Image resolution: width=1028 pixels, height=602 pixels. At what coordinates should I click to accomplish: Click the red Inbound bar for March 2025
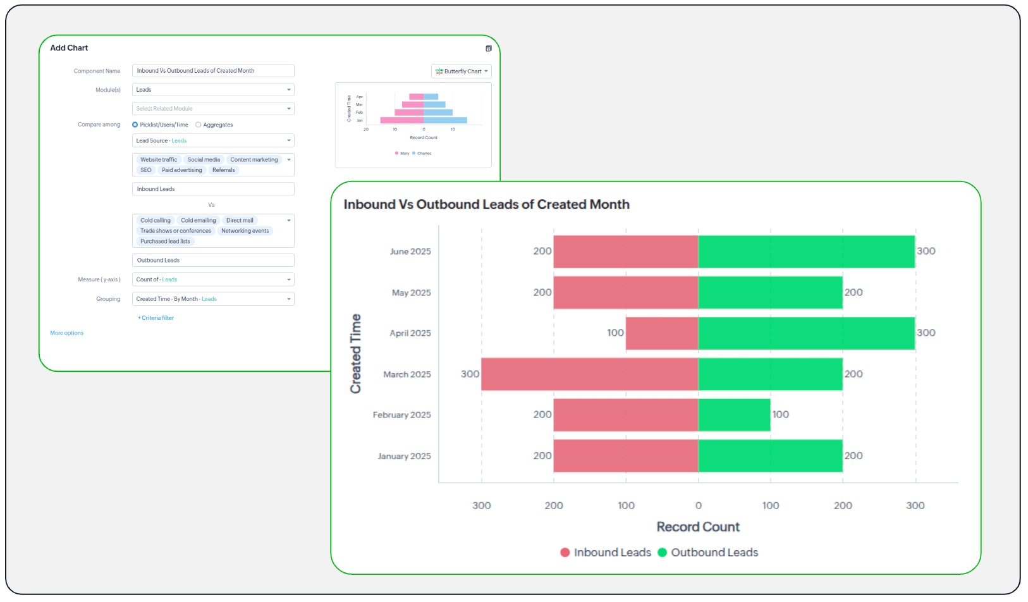pos(589,374)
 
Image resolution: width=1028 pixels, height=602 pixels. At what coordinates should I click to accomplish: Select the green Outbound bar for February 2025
pos(734,415)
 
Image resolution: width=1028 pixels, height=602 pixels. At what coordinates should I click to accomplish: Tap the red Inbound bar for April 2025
pos(661,333)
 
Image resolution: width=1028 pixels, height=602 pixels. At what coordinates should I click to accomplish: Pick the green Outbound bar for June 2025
pos(806,252)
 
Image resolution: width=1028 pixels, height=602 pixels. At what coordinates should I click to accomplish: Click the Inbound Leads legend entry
pos(605,553)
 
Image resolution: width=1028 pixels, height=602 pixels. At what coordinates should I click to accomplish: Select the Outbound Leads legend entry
pos(707,553)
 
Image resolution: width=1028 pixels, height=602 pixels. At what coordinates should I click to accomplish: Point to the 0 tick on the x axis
pos(698,505)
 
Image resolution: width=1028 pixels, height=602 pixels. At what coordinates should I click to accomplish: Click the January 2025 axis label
pos(404,456)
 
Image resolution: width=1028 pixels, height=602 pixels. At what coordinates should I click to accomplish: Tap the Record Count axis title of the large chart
pos(698,527)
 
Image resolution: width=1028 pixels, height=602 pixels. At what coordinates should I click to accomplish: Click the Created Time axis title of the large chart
pos(356,353)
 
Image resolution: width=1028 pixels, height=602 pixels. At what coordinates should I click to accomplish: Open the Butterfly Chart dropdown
pos(462,71)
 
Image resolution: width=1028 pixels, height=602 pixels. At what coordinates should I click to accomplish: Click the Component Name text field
pos(213,71)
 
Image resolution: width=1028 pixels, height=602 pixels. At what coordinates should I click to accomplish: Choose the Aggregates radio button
pos(199,125)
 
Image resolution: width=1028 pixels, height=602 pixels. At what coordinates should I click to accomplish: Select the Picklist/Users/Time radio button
pos(135,125)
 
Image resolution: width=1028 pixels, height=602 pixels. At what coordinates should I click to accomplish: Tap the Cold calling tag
pos(156,221)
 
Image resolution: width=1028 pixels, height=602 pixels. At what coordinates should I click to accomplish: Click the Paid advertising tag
pos(182,170)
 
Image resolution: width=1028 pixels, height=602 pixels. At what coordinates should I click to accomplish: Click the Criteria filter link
pos(156,318)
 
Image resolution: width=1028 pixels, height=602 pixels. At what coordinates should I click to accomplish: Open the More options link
pos(66,333)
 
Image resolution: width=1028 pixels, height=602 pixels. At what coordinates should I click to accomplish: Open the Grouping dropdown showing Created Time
pos(213,299)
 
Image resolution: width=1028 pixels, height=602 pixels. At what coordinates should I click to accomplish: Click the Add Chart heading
pos(69,48)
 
